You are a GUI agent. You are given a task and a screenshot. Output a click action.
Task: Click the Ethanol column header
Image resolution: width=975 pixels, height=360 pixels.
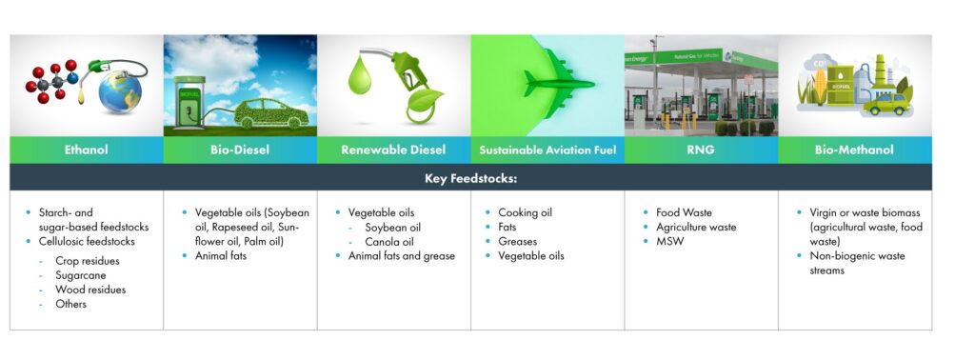[87, 150]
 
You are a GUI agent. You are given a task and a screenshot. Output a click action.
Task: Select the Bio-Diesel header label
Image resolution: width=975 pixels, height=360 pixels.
[240, 150]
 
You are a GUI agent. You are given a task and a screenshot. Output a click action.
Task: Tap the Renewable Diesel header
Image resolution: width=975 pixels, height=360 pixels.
[393, 150]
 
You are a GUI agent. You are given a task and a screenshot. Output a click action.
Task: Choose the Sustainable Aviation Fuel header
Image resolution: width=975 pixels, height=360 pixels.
[547, 150]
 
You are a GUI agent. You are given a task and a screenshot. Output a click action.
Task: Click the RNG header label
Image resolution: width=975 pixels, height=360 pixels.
[701, 150]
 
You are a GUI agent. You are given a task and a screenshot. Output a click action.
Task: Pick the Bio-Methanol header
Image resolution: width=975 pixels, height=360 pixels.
[855, 150]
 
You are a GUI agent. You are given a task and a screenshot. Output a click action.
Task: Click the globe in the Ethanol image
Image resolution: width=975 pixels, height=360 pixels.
[120, 95]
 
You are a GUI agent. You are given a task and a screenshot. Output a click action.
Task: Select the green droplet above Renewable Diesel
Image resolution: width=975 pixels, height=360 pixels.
[358, 76]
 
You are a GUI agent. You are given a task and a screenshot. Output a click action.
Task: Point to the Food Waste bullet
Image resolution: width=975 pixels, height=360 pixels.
[684, 212]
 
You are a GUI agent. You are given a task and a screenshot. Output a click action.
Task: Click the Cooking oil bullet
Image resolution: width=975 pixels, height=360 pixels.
[525, 212]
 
